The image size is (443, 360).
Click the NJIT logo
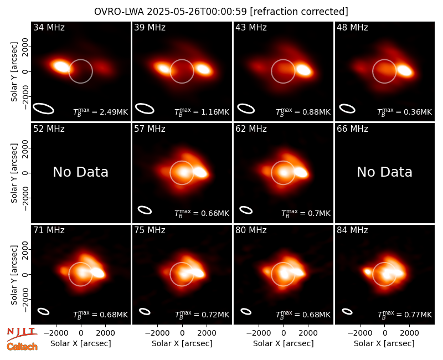click(x=22, y=333)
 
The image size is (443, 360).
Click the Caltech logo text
click(x=22, y=347)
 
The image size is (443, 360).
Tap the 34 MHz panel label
click(x=49, y=27)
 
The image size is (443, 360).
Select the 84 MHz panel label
click(x=352, y=230)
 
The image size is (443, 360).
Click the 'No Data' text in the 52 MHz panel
click(x=81, y=172)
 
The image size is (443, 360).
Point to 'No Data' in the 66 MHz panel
click(x=385, y=172)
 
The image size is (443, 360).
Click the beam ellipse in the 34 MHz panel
click(x=43, y=109)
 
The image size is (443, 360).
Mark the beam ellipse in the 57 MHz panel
click(x=145, y=210)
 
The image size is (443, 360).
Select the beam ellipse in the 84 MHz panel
click(x=347, y=311)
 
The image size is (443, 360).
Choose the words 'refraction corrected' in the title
click(x=299, y=12)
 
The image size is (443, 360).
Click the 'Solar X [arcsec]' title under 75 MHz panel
click(x=182, y=343)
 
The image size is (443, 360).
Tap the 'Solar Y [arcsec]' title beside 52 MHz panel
click(x=14, y=173)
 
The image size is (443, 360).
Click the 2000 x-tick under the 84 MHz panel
click(x=409, y=333)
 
